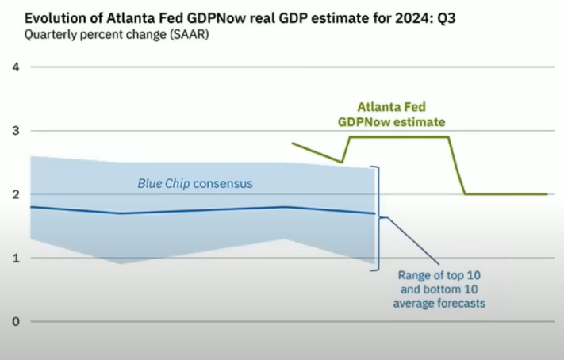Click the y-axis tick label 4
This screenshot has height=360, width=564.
14,67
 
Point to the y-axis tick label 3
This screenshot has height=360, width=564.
14,131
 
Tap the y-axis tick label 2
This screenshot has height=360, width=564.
14,194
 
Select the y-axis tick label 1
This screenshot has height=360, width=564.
14,258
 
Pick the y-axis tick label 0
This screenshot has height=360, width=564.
14,321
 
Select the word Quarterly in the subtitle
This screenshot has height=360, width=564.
49,35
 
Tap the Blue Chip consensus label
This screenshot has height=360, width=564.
194,183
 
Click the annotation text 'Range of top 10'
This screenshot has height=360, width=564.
438,275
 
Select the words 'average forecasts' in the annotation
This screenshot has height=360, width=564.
438,304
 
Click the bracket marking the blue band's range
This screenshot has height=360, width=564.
379,218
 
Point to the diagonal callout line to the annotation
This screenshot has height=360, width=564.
412,240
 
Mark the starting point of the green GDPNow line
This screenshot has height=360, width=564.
293,144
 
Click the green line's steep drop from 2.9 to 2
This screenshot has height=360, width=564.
457,165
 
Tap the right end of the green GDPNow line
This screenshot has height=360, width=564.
547,194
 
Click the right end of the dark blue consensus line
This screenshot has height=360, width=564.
374,213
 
